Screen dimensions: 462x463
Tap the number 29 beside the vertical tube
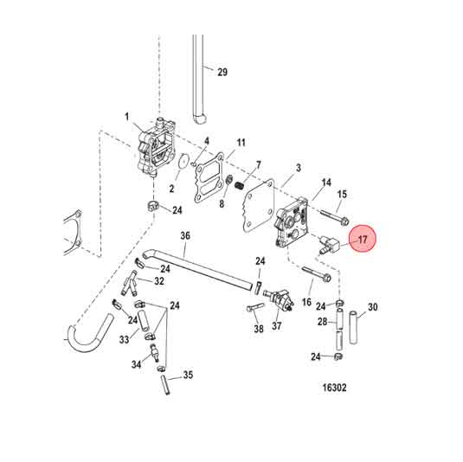[x=222, y=72]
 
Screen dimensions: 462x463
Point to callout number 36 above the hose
[x=184, y=235]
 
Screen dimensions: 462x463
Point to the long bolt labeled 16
[x=317, y=277]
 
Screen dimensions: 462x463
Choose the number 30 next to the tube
[x=373, y=307]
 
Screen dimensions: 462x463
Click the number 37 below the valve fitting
[x=278, y=326]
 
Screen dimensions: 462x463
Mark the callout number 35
[x=188, y=375]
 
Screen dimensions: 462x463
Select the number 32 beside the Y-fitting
[x=159, y=281]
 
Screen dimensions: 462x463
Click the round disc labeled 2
[x=181, y=161]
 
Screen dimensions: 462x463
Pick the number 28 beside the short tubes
[x=321, y=322]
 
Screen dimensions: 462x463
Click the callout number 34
[x=136, y=365]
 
